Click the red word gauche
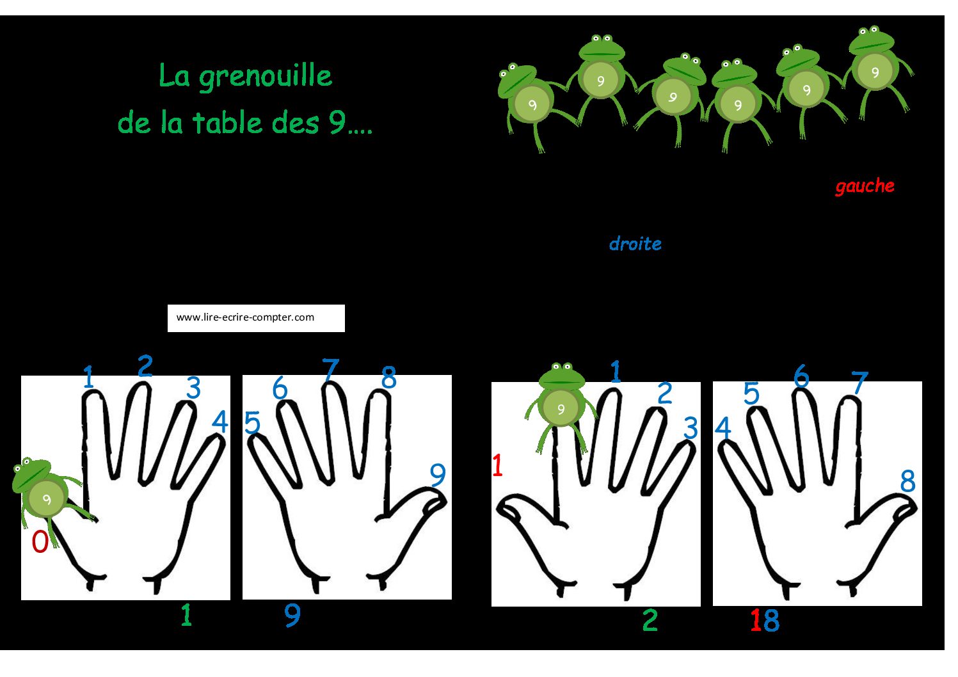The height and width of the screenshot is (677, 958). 865,186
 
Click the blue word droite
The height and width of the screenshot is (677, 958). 635,244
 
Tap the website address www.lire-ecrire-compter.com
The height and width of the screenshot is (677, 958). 245,317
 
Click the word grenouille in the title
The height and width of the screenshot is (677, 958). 266,77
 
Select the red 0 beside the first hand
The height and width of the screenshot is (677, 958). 40,542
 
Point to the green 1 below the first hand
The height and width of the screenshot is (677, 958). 186,616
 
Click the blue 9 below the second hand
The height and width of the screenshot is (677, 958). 292,616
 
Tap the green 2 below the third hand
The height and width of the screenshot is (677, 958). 650,620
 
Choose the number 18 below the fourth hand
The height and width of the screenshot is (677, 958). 765,620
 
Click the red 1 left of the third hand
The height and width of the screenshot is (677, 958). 497,466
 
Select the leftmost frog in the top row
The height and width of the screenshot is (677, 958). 532,105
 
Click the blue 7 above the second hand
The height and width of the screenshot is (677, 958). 330,369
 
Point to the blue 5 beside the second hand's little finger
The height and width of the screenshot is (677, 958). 252,422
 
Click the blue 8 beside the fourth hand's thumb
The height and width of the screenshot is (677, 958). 907,481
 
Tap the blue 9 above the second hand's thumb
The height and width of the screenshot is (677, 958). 438,475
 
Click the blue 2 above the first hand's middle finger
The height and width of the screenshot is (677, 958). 145,365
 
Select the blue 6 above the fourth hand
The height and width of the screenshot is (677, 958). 801,376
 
